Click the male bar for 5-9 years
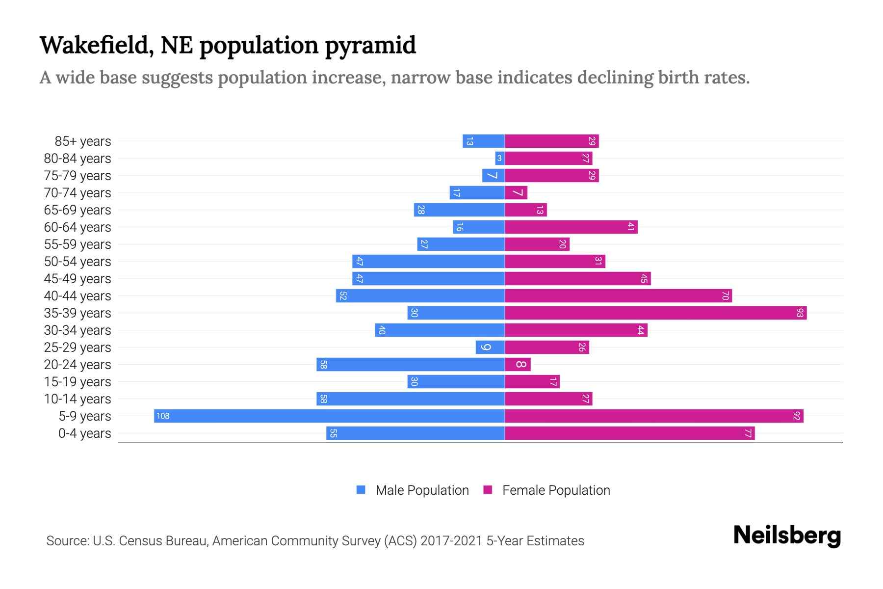329,416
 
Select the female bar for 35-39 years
655,313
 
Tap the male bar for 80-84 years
500,158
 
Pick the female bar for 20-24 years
518,364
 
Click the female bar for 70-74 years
516,192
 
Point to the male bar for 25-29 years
490,347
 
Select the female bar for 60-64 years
571,227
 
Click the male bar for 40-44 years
420,295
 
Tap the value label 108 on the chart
163,416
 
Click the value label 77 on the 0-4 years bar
748,433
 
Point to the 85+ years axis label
83,141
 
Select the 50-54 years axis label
78,262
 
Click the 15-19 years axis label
78,382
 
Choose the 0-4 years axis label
84,433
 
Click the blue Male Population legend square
361,490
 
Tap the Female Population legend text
556,490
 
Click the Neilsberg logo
787,535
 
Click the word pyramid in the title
370,46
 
